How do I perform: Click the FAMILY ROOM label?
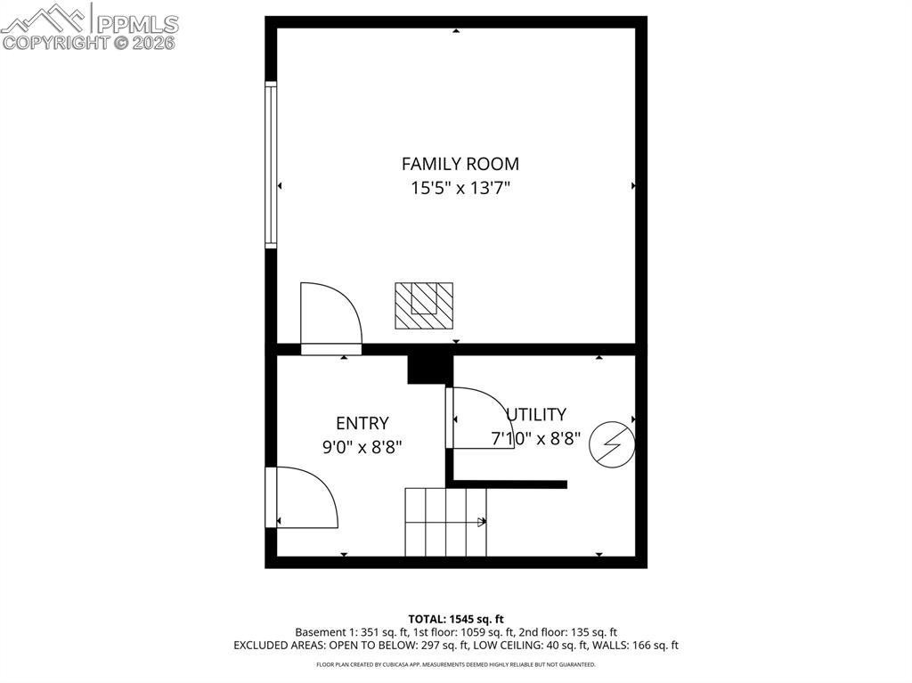pos(460,164)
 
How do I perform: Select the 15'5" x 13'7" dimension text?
pos(460,188)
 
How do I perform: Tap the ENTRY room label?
pos(362,424)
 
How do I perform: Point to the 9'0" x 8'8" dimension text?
pos(362,448)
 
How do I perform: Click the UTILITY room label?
pos(536,414)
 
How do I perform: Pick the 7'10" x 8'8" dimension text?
pos(536,438)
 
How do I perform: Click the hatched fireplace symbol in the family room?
pos(424,305)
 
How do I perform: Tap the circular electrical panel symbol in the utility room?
pos(613,443)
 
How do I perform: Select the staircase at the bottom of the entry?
pos(445,521)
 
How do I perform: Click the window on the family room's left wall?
pos(271,164)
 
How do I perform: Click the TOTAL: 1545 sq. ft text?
pos(456,619)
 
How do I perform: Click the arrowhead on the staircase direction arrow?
pos(484,522)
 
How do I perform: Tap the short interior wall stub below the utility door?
pos(509,484)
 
